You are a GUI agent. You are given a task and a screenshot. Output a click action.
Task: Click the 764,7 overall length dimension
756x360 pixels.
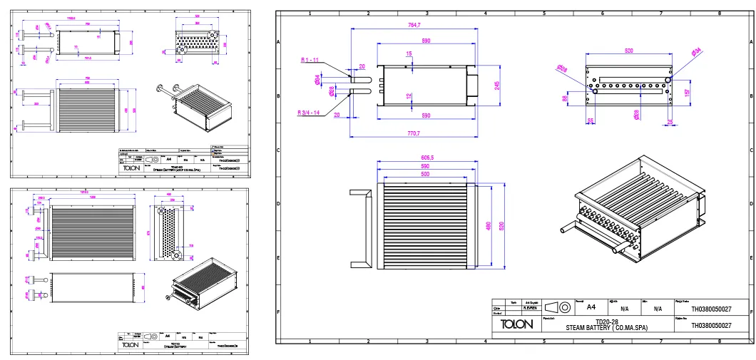414,26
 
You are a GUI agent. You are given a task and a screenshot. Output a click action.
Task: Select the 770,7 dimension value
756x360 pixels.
414,133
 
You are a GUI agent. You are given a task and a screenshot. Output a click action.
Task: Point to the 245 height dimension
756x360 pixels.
496,85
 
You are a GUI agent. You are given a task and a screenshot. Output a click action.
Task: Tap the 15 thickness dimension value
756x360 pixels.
409,54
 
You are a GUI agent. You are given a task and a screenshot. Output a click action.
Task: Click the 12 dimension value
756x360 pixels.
409,96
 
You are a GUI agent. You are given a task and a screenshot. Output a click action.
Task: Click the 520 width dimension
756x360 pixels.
628,51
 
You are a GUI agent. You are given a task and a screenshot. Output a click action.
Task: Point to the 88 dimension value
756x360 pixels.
565,98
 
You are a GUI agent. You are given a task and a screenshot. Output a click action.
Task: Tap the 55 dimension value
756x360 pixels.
591,121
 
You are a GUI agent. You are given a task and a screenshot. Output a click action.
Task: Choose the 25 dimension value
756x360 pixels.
670,121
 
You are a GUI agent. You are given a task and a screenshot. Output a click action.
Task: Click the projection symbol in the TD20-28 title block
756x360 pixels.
558,307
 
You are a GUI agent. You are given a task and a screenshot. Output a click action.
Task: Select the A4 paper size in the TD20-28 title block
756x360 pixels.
591,308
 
